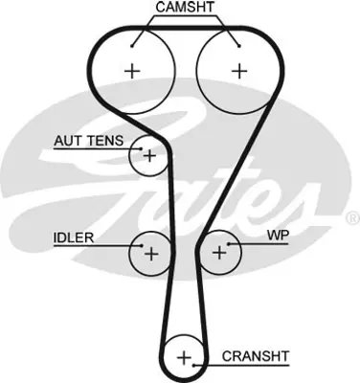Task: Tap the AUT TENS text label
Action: (87, 141)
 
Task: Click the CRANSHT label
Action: (256, 356)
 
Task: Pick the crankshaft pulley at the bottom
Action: (184, 359)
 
